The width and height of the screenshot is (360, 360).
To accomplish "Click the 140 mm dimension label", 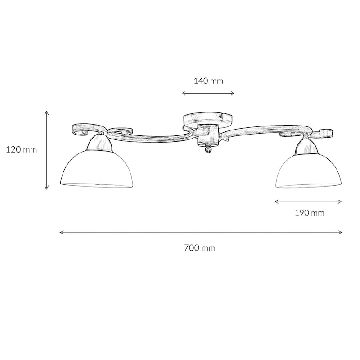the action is pos(208,81).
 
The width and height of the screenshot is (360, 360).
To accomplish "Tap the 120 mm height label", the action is pos(21,150).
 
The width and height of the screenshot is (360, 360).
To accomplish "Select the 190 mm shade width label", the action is pos(310,213).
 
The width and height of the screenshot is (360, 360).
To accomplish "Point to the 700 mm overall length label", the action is pos(200,248).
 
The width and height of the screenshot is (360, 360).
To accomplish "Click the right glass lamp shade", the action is pos(309,171).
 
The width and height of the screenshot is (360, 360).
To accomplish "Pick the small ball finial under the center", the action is pos(208,150).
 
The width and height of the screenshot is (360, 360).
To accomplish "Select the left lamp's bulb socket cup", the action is pos(101,142).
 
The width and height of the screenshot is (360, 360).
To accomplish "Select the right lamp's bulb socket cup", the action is pos(306,147).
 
